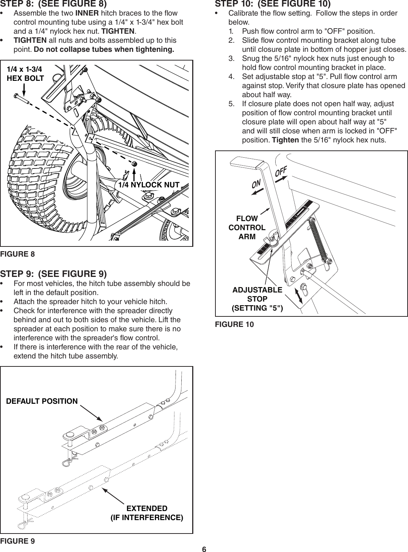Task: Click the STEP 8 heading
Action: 53,4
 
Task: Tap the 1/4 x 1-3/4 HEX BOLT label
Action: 25,73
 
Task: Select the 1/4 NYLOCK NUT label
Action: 149,185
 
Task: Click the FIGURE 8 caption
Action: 17,254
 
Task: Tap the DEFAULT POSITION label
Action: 42,401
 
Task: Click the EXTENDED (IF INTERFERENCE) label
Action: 147,513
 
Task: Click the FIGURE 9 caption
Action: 17,541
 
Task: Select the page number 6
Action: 204,549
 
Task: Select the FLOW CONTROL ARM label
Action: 247,228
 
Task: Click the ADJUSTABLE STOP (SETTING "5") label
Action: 257,299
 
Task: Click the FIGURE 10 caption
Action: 234,324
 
